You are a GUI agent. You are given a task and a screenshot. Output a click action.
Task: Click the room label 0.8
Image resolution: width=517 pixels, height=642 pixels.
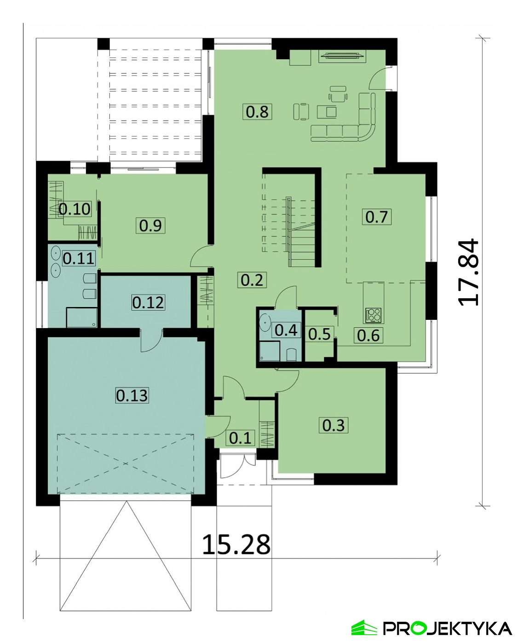tap(257, 111)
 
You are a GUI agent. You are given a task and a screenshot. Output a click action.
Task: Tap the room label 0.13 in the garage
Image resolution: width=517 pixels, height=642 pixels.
tap(132, 396)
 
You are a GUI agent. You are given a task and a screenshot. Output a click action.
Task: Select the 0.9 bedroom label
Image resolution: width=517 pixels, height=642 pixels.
tap(150, 225)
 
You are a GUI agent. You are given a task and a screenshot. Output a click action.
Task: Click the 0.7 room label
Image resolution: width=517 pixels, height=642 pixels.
tap(377, 217)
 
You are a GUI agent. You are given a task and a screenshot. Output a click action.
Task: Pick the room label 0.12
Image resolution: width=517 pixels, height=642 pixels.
tap(148, 302)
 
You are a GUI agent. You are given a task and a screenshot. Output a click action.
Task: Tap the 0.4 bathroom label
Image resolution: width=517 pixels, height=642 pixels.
tap(286, 330)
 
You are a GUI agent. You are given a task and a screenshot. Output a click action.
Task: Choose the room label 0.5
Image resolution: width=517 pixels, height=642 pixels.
tap(319, 335)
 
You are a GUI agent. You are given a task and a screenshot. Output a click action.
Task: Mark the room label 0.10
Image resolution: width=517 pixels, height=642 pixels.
tap(75, 209)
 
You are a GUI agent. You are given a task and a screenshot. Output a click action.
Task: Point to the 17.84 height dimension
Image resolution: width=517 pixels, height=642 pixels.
tap(468, 272)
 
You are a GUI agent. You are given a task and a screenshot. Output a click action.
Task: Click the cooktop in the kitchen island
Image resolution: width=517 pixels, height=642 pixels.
tap(373, 315)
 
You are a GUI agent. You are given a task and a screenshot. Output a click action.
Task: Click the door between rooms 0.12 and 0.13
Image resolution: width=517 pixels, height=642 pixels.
tap(151, 340)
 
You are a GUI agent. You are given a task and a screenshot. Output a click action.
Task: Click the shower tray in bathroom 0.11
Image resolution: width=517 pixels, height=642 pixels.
tap(81, 318)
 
